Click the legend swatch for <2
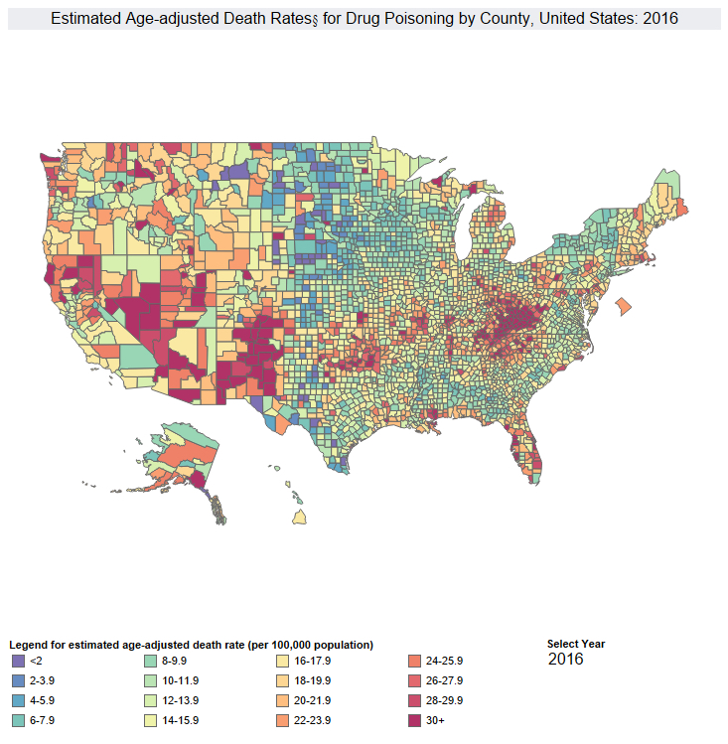click(17, 661)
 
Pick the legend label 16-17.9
click(313, 661)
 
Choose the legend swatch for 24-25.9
click(415, 661)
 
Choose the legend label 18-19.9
click(313, 680)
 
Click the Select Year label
click(575, 644)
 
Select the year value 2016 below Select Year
click(565, 660)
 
